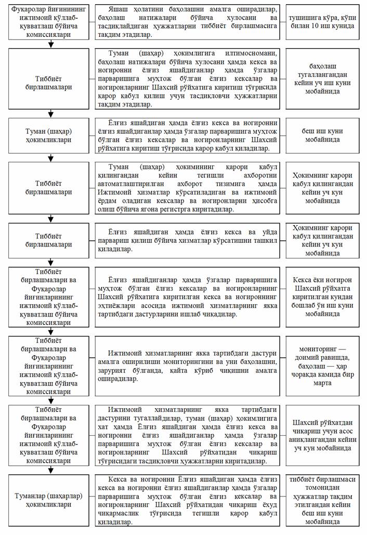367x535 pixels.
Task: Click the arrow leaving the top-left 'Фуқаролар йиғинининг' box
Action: [x=50, y=44]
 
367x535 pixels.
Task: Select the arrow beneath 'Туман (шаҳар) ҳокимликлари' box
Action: [x=50, y=158]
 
